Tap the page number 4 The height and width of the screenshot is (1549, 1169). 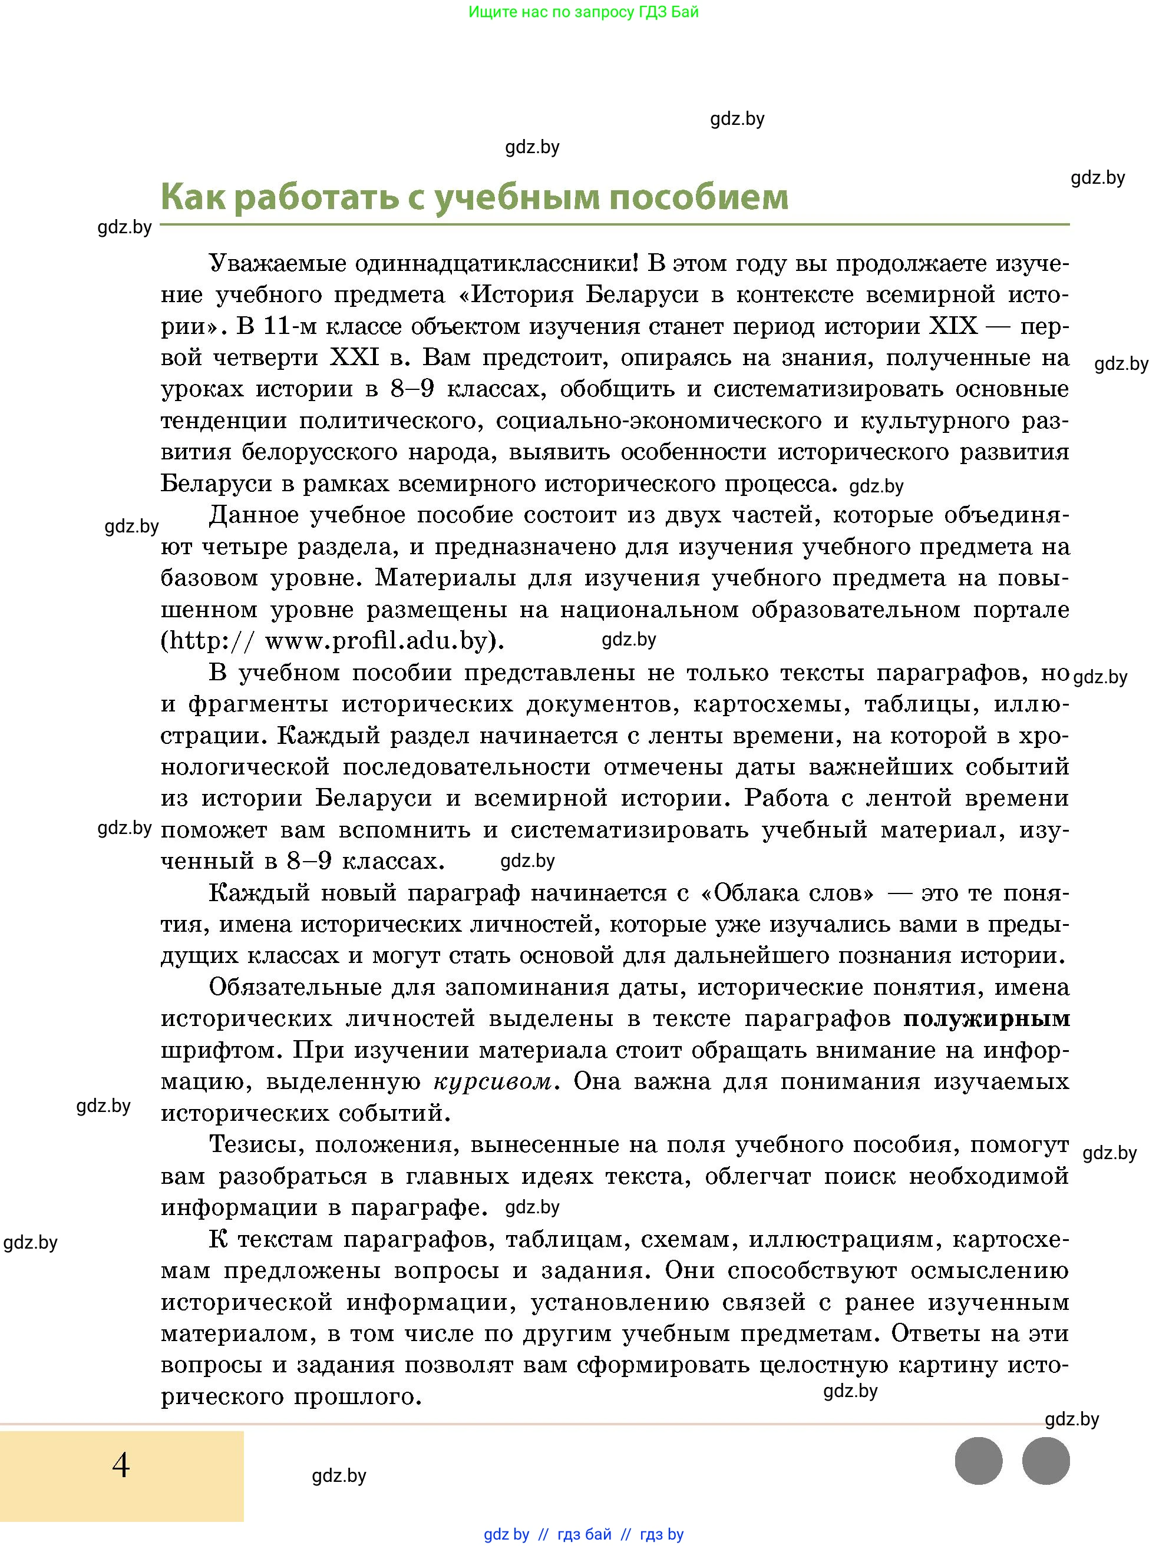pyautogui.click(x=121, y=1465)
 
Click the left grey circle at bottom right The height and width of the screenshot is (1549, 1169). pyautogui.click(x=979, y=1461)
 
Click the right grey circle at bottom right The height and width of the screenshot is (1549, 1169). pyautogui.click(x=1046, y=1461)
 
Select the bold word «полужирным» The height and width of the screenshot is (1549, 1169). pyautogui.click(x=986, y=1018)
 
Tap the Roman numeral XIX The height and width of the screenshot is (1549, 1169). pyautogui.click(x=953, y=326)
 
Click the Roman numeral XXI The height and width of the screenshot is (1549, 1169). pyautogui.click(x=355, y=358)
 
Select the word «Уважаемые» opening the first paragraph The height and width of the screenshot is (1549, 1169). pyautogui.click(x=278, y=263)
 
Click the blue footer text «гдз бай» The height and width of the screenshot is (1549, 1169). pyautogui.click(x=584, y=1534)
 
